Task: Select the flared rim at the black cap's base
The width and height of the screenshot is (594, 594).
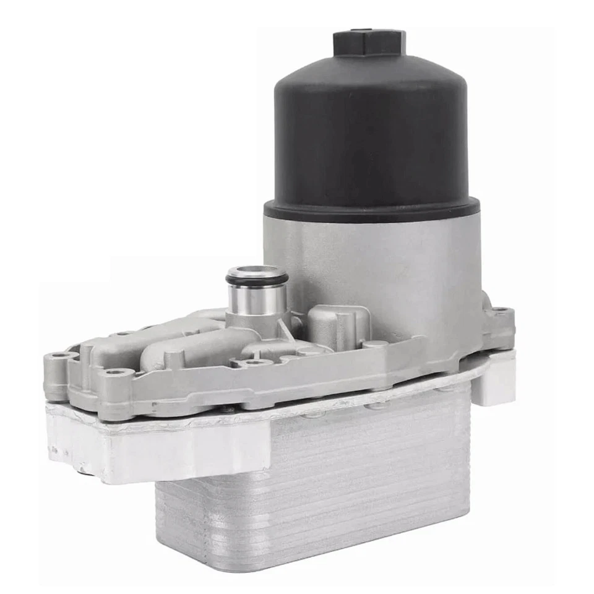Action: (371, 210)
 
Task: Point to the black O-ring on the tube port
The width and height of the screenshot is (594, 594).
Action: (256, 280)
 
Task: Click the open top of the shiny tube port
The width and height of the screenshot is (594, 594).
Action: (256, 272)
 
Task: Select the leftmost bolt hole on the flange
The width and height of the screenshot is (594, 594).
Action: (57, 357)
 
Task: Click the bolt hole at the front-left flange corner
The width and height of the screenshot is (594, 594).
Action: (112, 373)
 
